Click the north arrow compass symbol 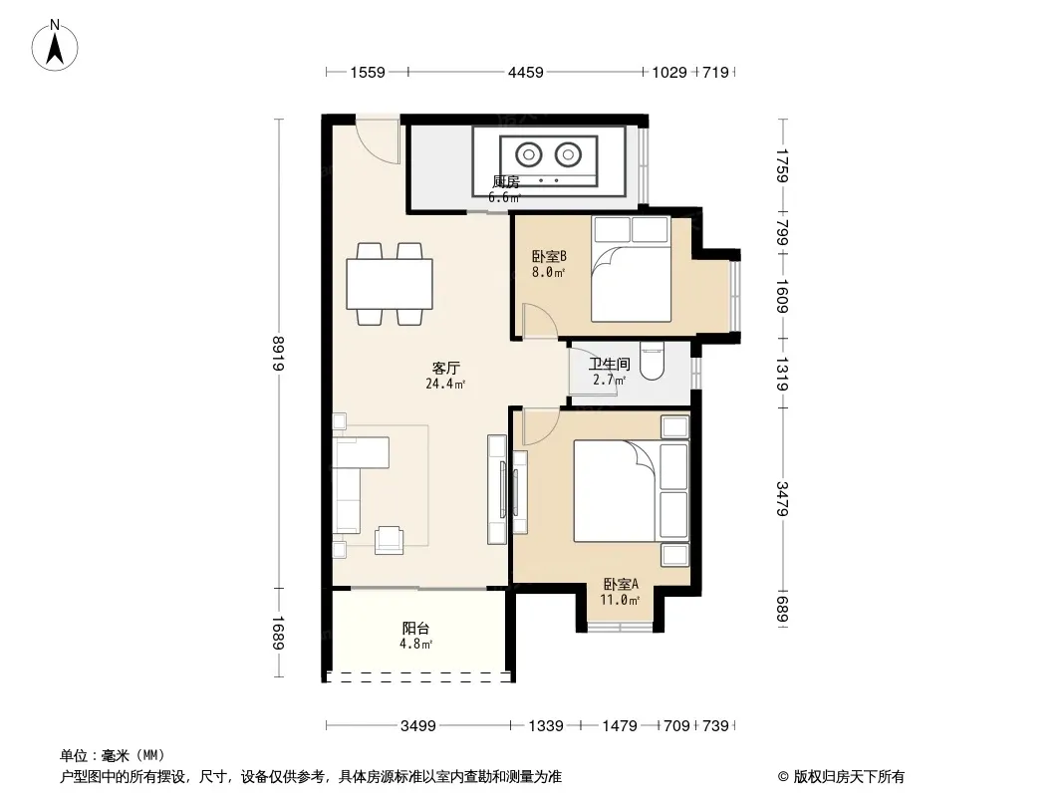[55, 46]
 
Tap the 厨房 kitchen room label [505, 182]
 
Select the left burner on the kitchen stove [528, 154]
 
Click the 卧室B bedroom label [549, 257]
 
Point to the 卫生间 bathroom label [609, 365]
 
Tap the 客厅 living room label [445, 368]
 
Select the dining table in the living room [390, 284]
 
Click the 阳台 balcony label [415, 629]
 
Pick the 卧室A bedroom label [621, 584]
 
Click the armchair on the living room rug [389, 540]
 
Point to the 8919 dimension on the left [278, 354]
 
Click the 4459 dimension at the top [526, 72]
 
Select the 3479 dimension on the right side [782, 498]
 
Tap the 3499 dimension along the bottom [417, 726]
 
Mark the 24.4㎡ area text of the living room [445, 384]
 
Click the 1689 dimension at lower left [278, 634]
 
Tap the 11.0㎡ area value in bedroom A [620, 600]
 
